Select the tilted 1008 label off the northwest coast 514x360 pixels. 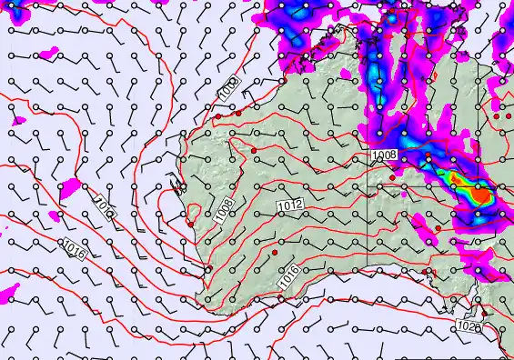[227, 88]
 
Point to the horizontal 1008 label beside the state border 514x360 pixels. [384, 155]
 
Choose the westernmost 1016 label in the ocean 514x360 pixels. [75, 247]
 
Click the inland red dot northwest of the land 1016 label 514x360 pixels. [274, 250]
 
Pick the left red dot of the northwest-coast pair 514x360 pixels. [218, 115]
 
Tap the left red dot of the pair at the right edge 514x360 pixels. [497, 116]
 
